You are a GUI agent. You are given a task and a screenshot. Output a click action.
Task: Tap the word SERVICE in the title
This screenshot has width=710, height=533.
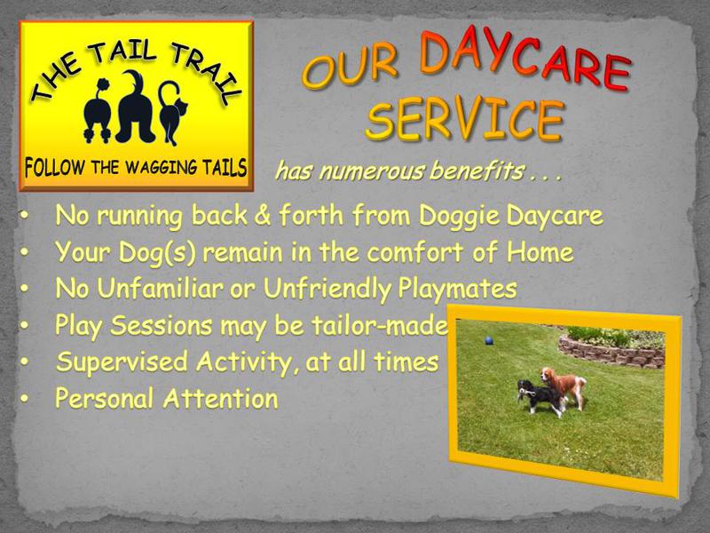[465, 119]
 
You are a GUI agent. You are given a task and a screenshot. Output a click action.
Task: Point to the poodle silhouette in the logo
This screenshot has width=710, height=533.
[98, 111]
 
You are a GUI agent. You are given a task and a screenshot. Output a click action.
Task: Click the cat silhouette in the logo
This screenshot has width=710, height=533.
[172, 113]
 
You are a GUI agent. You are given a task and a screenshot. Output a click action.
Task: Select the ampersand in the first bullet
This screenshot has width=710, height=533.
[262, 215]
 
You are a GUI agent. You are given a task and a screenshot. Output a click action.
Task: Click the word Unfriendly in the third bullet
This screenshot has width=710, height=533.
[327, 290]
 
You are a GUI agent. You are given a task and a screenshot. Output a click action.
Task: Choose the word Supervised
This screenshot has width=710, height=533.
[122, 362]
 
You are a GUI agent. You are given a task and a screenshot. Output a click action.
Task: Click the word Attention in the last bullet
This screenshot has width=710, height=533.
[220, 398]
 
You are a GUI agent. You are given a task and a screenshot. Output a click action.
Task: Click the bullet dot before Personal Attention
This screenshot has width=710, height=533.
[25, 398]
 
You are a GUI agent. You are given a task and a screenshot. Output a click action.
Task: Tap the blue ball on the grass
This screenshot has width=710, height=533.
[489, 340]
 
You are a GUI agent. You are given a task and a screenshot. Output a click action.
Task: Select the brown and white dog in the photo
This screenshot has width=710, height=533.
[564, 387]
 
